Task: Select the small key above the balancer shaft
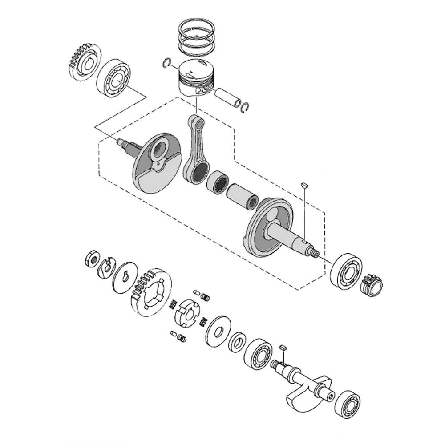(283, 347)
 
